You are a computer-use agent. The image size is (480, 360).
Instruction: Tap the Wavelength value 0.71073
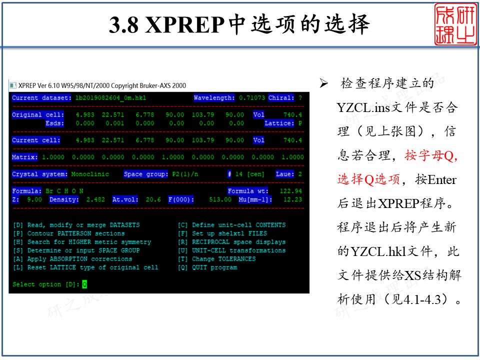[252, 98]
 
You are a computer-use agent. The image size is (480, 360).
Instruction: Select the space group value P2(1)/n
[181, 174]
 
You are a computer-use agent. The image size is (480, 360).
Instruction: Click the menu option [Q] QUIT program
[207, 267]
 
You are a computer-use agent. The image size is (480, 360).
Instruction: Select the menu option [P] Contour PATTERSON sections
[69, 233]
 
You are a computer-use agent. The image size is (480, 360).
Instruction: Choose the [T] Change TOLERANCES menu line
[216, 259]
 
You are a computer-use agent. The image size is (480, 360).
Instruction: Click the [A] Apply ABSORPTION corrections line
[72, 259]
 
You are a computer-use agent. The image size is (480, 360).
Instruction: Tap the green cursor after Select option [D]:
[84, 284]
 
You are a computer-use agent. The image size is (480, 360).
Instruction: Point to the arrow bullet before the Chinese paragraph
[323, 83]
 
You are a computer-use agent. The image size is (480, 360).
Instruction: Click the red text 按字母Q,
[431, 156]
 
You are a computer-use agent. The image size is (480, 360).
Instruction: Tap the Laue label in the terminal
[284, 174]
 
